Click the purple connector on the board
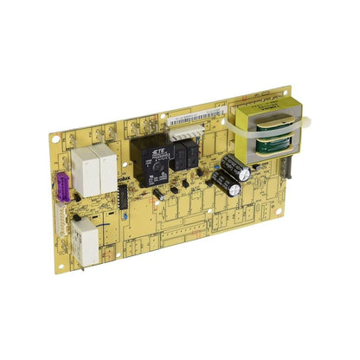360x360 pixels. pyautogui.click(x=61, y=184)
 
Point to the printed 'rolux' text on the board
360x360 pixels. pyautogui.click(x=123, y=179)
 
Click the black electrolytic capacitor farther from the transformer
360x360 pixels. pyautogui.click(x=223, y=183)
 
